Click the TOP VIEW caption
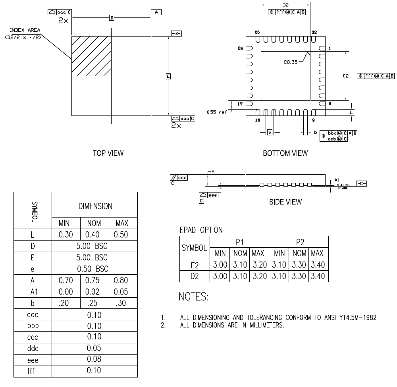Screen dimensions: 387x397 (108, 153)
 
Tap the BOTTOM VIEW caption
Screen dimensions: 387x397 (285, 153)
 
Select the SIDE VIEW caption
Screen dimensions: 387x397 (285, 202)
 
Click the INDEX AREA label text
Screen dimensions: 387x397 (25, 30)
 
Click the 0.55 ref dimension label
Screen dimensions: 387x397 (217, 112)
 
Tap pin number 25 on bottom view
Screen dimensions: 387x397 (257, 32)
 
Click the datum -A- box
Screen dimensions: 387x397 (156, 12)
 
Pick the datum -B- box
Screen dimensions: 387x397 (176, 33)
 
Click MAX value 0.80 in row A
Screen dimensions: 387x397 (121, 280)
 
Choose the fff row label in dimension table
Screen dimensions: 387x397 (33, 371)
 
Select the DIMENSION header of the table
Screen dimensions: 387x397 (95, 206)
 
